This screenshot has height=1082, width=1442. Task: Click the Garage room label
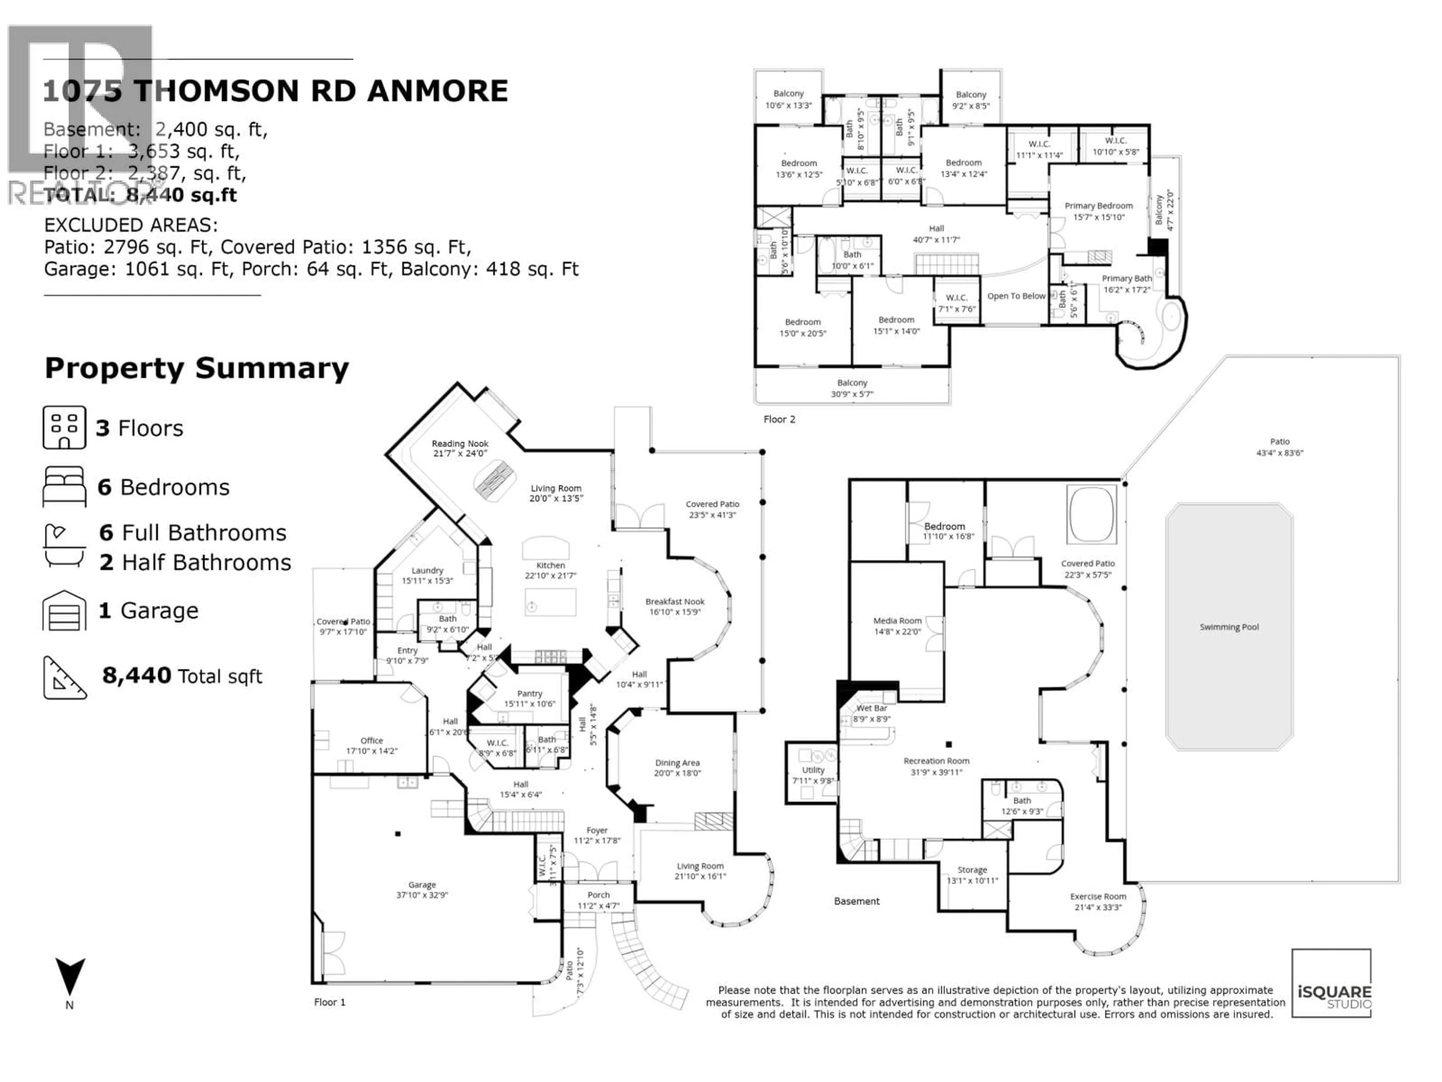coord(422,885)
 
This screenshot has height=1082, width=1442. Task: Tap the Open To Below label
coord(1016,296)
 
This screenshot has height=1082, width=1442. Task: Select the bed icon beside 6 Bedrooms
coord(64,487)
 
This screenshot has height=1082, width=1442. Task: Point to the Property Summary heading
coord(196,369)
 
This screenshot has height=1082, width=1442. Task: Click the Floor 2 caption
coord(779,419)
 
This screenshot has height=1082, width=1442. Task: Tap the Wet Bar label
coord(872,708)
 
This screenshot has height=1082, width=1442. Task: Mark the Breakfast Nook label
coord(675,602)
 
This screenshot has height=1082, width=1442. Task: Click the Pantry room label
coord(529,694)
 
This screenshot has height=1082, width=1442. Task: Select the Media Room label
coord(897,621)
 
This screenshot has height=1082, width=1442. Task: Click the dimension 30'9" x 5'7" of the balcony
coord(852,394)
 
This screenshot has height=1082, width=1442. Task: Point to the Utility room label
coord(813,770)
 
